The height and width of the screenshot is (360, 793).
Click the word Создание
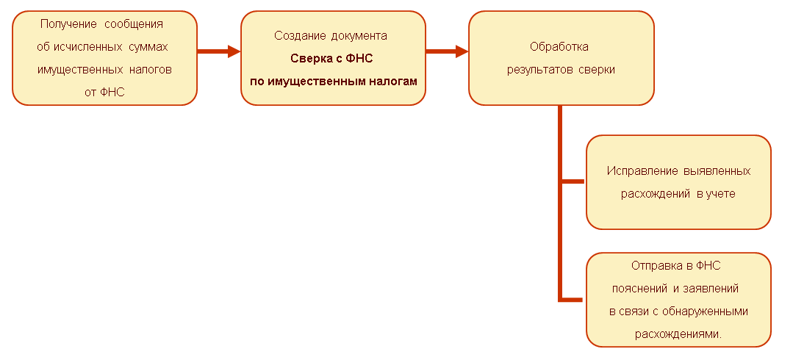point(296,35)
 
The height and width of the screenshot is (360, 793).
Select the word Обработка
point(560,47)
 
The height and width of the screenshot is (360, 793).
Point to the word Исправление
point(639,170)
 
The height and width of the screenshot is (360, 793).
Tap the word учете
point(718,194)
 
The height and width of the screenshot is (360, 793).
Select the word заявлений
point(711,288)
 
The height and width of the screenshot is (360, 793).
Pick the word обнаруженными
point(705,311)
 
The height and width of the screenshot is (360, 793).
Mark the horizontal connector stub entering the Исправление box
point(573,181)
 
